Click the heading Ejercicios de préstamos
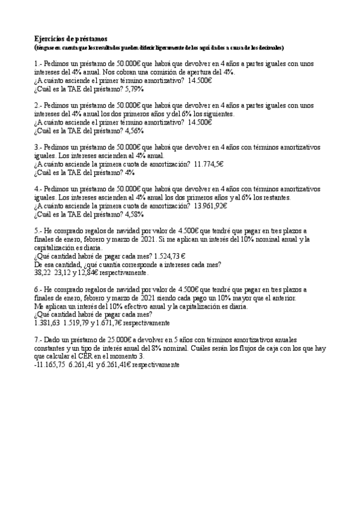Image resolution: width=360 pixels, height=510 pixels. (x=70, y=38)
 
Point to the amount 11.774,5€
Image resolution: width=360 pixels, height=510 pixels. (x=209, y=163)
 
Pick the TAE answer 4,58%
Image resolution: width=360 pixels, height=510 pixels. (x=134, y=214)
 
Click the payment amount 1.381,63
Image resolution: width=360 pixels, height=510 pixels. (x=47, y=322)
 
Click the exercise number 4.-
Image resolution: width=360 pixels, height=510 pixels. (x=38, y=188)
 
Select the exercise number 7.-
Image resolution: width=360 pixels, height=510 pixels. (x=38, y=339)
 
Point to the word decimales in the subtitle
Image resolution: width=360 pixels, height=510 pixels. (x=268, y=47)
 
